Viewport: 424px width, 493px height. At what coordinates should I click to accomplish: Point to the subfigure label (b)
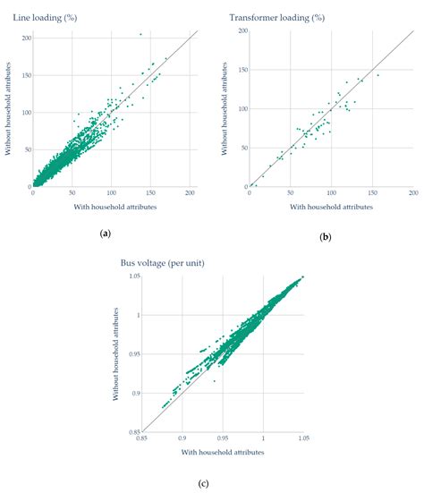pyautogui.click(x=324, y=237)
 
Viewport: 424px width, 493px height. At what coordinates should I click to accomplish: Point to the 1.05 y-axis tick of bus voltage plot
pyautogui.click(x=131, y=277)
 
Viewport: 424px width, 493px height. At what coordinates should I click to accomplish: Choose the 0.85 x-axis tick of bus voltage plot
pyautogui.click(x=141, y=438)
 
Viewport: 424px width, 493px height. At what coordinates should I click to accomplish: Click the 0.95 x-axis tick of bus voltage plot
pyautogui.click(x=223, y=438)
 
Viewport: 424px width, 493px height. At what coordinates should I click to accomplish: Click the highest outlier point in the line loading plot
pyautogui.click(x=140, y=34)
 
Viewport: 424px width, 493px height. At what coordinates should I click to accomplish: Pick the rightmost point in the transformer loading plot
pyautogui.click(x=378, y=75)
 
